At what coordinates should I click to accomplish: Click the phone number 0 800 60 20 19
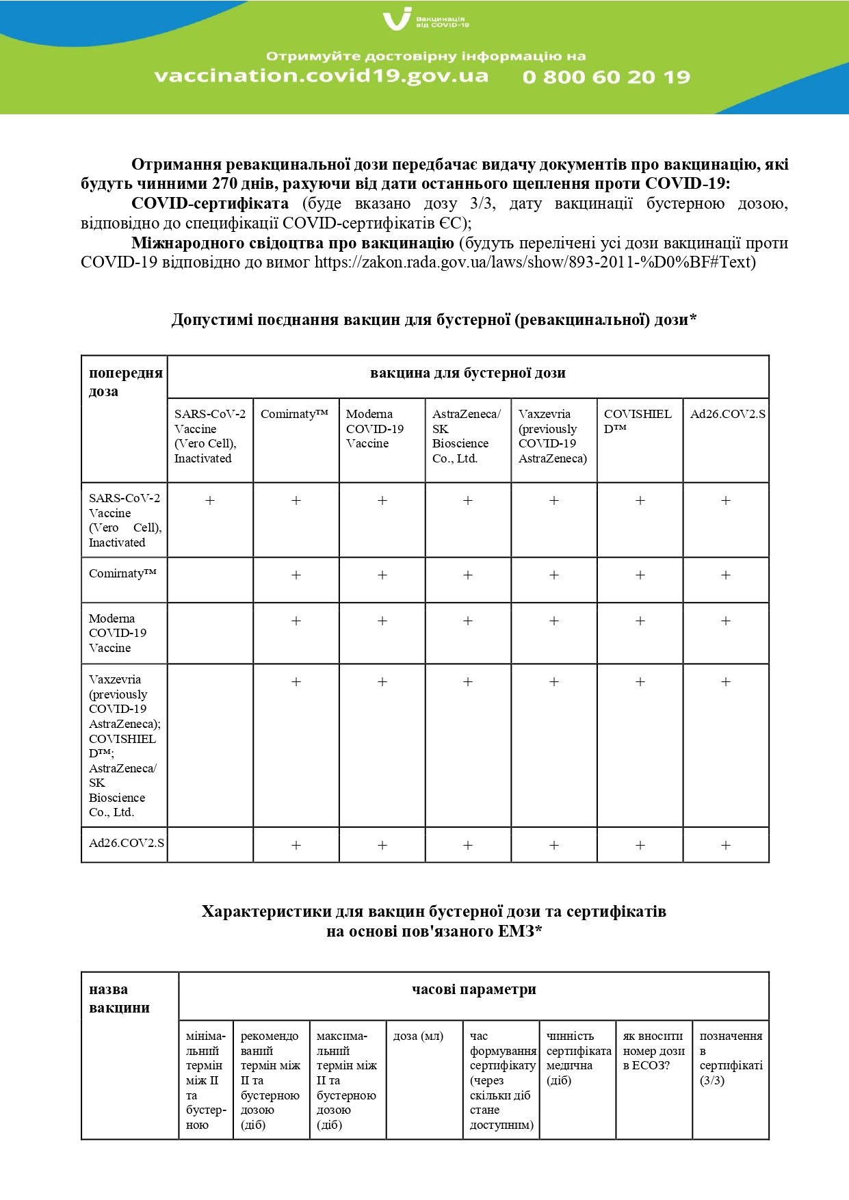606,77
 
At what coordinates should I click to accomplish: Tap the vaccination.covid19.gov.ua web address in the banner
322,75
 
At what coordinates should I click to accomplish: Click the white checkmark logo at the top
397,18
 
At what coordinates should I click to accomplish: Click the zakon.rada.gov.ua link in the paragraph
535,262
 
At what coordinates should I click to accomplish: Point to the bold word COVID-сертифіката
210,203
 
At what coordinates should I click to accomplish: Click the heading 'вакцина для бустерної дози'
467,374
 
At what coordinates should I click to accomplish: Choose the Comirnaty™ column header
295,414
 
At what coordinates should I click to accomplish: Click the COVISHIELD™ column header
638,421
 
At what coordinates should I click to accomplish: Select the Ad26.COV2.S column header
727,414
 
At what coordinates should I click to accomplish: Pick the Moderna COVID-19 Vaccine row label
118,633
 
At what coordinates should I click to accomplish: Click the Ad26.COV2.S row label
126,843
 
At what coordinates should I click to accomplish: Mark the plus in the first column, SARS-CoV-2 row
210,501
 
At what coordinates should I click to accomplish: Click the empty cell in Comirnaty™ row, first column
210,579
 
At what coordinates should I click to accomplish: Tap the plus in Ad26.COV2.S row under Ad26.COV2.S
726,846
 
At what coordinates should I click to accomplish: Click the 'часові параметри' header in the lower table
473,989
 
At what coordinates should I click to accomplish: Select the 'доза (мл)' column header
418,1036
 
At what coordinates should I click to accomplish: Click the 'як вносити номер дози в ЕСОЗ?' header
653,1050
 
